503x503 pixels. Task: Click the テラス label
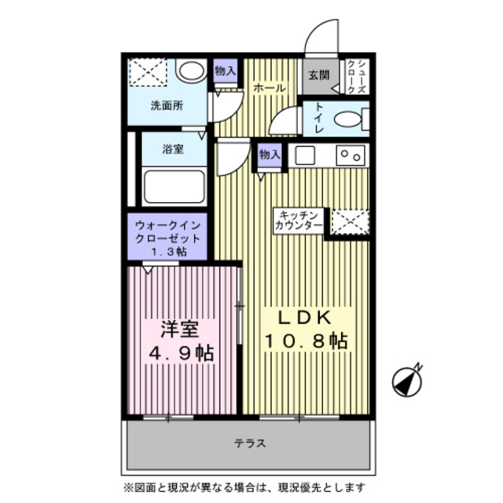pos(250,443)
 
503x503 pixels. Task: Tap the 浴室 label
pos(174,149)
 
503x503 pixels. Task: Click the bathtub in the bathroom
pos(174,187)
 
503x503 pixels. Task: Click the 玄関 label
pos(318,75)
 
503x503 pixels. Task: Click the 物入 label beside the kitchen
pos(270,155)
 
